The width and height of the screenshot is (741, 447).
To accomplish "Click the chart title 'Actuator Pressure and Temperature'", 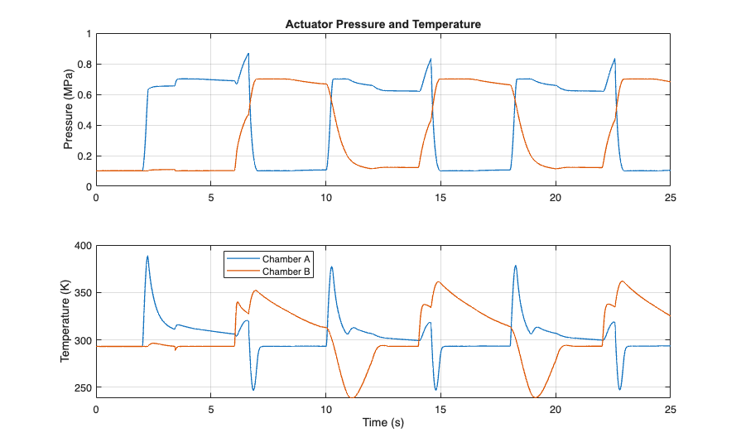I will click(x=383, y=25).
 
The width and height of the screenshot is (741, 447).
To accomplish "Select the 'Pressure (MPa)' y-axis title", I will click(x=70, y=110).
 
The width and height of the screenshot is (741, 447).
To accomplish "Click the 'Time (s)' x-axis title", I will click(x=383, y=423).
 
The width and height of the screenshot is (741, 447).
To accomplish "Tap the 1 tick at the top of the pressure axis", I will click(x=88, y=34).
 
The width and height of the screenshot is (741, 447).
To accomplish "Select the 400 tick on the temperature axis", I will click(x=81, y=246).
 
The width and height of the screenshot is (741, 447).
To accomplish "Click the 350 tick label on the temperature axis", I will click(x=81, y=293).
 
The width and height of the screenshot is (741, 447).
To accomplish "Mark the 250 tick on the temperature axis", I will click(x=81, y=387).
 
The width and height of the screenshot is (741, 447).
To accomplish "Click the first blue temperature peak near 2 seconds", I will click(x=147, y=256).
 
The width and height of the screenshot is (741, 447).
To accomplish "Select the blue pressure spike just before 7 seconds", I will click(x=248, y=54).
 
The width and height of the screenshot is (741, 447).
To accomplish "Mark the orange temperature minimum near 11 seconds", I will click(x=353, y=398).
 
